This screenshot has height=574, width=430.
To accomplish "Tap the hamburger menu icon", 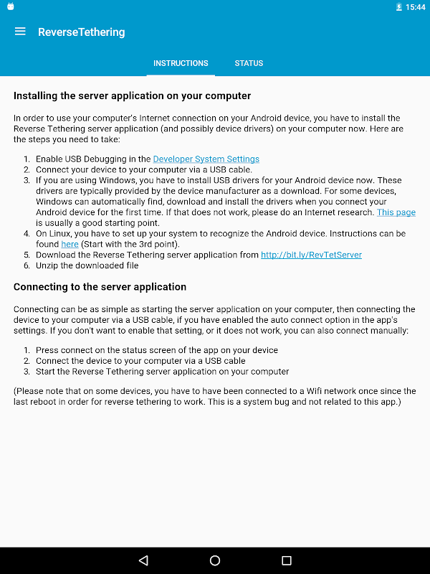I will [20, 32].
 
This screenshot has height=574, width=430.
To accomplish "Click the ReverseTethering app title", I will [81, 32].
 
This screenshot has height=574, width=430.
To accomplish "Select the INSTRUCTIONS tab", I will [181, 63].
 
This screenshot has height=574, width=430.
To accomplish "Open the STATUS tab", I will [249, 63].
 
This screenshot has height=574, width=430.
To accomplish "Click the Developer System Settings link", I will [206, 159].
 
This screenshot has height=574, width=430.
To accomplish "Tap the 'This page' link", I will [396, 212].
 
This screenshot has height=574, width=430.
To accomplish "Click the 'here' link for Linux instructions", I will [70, 245].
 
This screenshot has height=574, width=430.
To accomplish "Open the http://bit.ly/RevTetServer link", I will [311, 255].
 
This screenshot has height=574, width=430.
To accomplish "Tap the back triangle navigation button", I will [143, 560].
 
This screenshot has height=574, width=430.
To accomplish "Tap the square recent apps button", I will [287, 560].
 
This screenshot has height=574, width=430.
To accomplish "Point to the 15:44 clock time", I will [415, 7].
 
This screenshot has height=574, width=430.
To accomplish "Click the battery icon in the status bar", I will [398, 7].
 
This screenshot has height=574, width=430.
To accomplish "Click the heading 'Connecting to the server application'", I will [100, 287].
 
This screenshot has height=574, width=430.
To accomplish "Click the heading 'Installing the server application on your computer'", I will [132, 95].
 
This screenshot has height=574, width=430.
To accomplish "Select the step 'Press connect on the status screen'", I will [156, 350].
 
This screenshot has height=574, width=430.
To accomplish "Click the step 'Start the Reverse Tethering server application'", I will [162, 372].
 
